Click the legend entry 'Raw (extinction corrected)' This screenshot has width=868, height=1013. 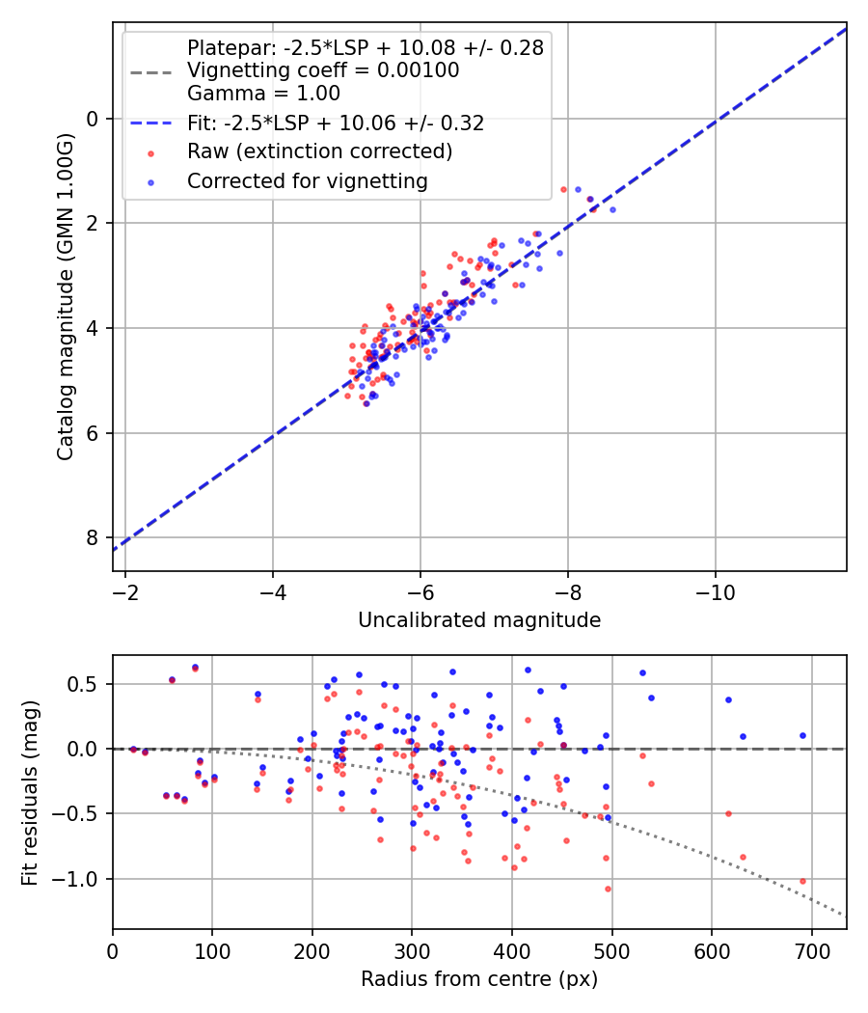[319, 151]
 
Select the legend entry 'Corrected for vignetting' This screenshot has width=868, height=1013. [307, 180]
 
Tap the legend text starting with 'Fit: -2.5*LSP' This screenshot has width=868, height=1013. [336, 123]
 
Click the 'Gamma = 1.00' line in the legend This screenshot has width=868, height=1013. [263, 94]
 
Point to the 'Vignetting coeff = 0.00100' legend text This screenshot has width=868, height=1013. [323, 70]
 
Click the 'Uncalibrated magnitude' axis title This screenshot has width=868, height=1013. [479, 620]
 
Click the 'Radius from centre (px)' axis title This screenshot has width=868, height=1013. [479, 979]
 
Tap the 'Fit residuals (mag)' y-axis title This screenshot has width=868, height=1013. [29, 792]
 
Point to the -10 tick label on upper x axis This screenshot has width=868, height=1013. [715, 591]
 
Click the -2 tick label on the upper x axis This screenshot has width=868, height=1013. [125, 591]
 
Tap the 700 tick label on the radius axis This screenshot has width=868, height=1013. [811, 950]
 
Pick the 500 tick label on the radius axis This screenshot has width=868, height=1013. [611, 950]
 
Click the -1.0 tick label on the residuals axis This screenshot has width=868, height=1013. [82, 879]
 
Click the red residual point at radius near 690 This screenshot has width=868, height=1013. [802, 881]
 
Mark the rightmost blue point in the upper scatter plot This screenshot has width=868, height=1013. [612, 209]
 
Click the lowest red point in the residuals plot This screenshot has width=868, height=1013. [608, 889]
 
